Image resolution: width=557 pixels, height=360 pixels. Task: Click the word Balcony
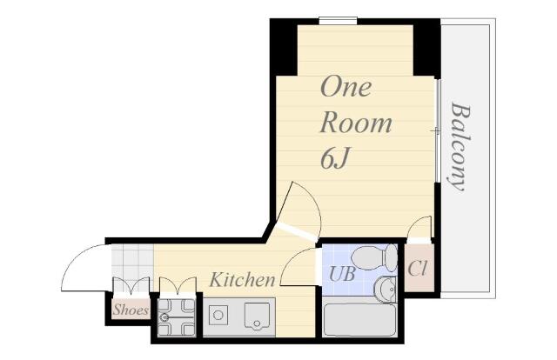tap(460, 146)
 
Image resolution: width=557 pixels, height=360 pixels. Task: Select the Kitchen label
tap(242, 279)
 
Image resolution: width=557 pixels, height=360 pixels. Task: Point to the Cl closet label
tap(417, 269)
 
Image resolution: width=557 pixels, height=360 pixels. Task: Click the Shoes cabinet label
tap(131, 310)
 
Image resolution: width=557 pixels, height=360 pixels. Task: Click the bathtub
tap(359, 319)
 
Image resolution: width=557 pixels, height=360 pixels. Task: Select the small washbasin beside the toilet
tap(386, 289)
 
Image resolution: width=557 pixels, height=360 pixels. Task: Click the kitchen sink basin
tap(257, 316)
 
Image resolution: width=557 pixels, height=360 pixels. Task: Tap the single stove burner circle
tap(218, 315)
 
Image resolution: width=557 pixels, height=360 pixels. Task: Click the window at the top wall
tap(338, 21)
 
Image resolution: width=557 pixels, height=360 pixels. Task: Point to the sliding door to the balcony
tap(438, 130)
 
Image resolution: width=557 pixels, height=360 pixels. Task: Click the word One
tap(346, 87)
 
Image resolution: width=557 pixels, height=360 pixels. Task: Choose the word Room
tap(356, 123)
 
